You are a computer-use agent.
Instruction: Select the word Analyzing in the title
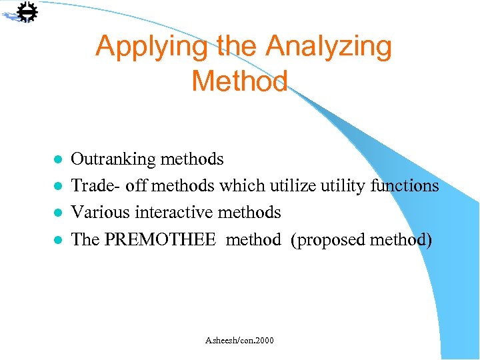(328, 47)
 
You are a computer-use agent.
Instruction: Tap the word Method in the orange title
(239, 81)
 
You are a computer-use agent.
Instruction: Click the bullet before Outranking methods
(58, 160)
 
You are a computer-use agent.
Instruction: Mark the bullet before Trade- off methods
(58, 187)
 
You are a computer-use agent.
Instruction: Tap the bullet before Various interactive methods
(58, 213)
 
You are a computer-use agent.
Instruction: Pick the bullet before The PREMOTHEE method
(58, 240)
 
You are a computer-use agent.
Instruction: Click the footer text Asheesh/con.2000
(239, 341)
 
